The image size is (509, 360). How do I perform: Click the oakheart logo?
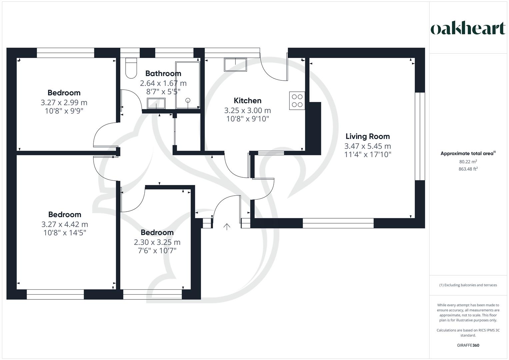point(468,28)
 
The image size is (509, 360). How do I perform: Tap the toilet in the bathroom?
point(131,68)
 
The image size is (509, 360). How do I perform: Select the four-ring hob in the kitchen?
point(297,100)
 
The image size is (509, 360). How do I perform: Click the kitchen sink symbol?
point(235,65)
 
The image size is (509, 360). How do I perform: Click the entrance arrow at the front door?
point(227,227)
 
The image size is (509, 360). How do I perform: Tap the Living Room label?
point(367,136)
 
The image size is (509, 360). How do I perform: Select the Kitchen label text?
point(247,101)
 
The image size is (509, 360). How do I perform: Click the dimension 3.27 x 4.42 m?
point(65,224)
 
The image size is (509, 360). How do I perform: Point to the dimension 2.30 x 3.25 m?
point(157,242)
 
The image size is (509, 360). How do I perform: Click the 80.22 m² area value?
point(468,162)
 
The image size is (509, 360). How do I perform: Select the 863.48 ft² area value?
point(468,169)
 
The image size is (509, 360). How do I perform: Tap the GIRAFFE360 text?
point(468,345)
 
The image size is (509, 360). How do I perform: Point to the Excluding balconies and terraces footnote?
point(468,285)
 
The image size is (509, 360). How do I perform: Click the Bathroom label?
point(163,73)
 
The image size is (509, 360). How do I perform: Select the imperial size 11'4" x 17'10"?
point(367,155)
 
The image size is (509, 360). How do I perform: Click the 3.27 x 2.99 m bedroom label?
point(64,102)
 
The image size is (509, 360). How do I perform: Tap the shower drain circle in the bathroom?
point(188,100)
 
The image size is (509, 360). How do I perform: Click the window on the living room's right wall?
point(420,136)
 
